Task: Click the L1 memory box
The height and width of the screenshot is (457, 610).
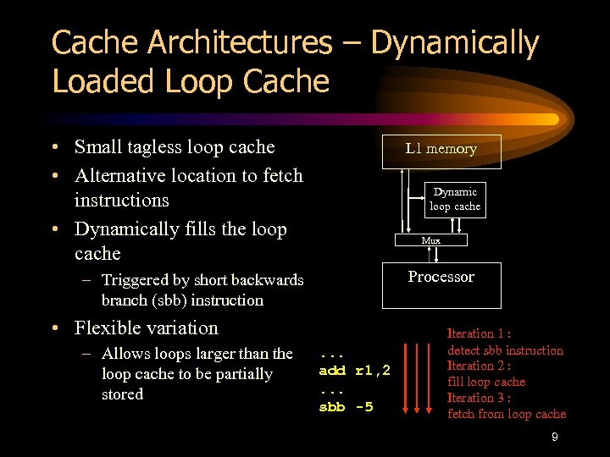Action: point(441,150)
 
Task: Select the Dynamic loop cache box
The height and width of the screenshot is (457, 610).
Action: point(455,199)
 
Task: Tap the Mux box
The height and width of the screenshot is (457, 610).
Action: point(432,240)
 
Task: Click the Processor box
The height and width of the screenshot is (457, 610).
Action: point(441,284)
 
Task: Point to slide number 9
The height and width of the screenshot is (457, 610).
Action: point(554,438)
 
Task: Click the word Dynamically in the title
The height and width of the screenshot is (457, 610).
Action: point(455,44)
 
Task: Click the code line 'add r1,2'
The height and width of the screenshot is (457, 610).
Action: point(354,370)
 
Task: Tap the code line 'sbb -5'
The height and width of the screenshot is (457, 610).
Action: point(345,407)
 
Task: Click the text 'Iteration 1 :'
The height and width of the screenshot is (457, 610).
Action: point(479,333)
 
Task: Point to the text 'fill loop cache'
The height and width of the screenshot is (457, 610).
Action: point(486,382)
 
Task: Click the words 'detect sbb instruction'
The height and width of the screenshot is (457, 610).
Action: point(505,350)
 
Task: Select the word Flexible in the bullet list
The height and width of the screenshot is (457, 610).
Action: point(108,328)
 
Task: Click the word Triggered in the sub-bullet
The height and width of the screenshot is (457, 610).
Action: point(134,280)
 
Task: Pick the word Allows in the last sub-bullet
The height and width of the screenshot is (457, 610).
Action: point(125,354)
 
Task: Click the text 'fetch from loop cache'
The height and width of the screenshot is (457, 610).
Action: point(507,414)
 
